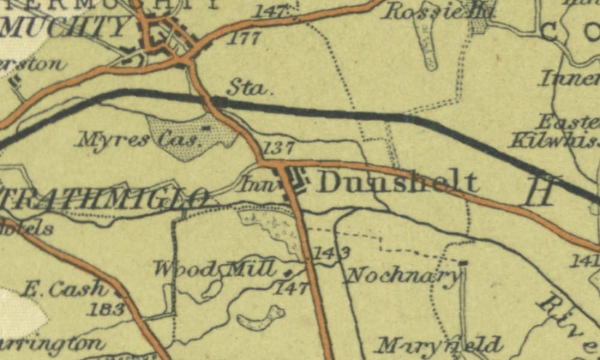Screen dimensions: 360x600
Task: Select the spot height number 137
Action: click(x=279, y=148)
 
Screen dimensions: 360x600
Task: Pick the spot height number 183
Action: click(x=107, y=310)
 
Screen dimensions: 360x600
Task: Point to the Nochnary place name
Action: click(x=404, y=275)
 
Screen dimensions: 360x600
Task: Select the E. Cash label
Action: click(x=64, y=289)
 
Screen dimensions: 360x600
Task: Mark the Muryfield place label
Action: click(x=438, y=346)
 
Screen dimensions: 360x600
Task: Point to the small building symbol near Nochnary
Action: click(x=463, y=262)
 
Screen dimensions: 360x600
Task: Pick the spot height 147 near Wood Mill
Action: click(x=292, y=289)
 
